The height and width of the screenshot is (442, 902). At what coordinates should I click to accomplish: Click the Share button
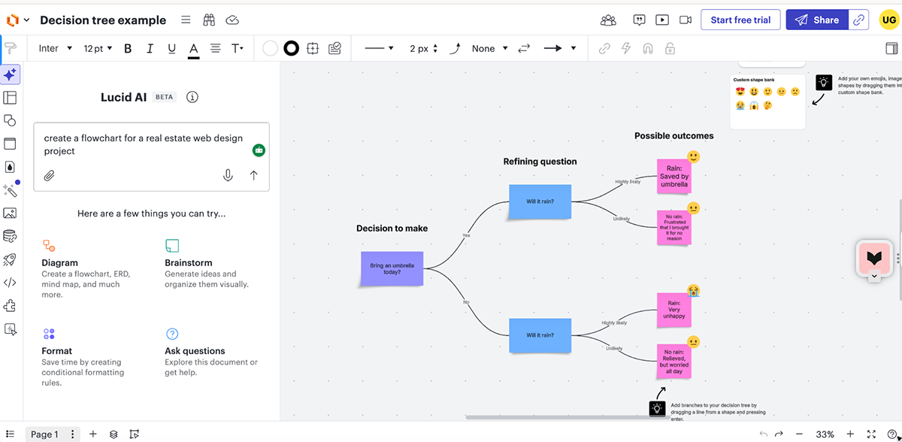(x=817, y=20)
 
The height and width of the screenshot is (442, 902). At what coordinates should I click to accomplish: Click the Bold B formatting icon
(x=128, y=48)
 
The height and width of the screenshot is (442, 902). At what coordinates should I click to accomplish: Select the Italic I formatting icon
(x=150, y=48)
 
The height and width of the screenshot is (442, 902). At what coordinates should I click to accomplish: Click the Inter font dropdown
(x=55, y=48)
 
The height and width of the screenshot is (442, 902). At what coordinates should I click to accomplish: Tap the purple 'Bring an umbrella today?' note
(x=392, y=268)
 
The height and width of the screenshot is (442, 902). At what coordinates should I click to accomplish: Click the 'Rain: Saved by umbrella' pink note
(x=674, y=176)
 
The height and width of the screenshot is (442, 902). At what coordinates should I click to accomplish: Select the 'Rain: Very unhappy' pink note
(x=674, y=310)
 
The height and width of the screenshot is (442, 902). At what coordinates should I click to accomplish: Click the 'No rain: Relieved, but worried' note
(x=674, y=361)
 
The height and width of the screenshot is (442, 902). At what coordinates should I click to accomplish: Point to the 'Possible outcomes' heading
(x=673, y=136)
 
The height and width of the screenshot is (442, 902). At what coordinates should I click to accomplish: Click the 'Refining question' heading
(x=540, y=162)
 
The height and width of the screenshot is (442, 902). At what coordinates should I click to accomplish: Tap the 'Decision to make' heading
(x=392, y=229)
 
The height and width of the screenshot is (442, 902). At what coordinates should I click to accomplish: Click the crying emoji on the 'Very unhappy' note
(x=693, y=290)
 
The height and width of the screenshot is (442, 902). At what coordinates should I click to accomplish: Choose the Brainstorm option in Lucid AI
(x=188, y=263)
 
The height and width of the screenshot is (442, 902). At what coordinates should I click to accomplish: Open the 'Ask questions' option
(x=195, y=351)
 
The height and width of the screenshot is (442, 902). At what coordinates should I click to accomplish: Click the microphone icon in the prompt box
(x=228, y=175)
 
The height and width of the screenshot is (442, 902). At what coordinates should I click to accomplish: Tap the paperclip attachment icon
(x=50, y=176)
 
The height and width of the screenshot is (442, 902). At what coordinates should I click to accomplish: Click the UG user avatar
(x=888, y=20)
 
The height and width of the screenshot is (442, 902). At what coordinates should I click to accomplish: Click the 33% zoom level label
(x=825, y=434)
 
